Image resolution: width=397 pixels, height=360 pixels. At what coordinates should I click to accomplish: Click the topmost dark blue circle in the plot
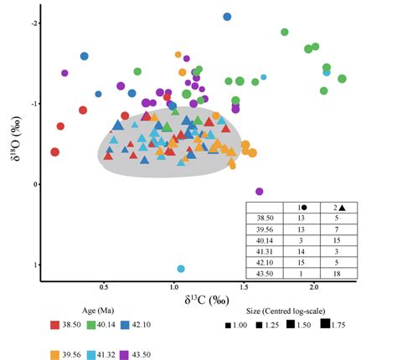click(227, 17)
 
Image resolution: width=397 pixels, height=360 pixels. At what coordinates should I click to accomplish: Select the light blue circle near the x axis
click(181, 269)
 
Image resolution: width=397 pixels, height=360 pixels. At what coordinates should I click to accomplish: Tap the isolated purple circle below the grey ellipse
click(259, 192)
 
